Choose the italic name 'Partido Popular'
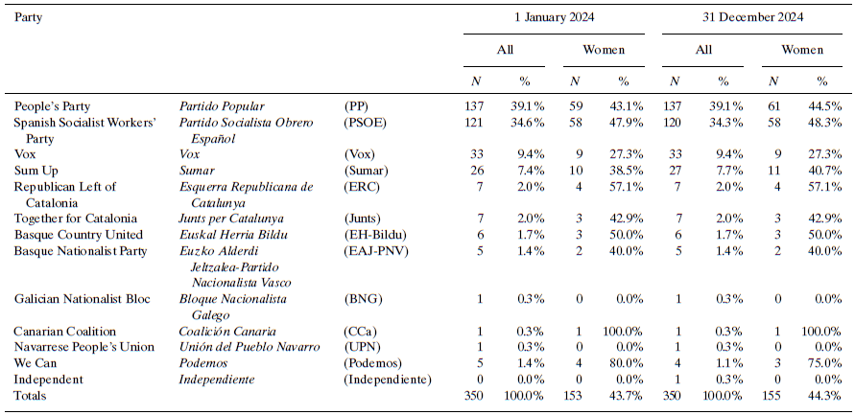point(222,105)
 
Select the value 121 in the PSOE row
point(476,124)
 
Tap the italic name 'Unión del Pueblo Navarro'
point(249,347)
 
